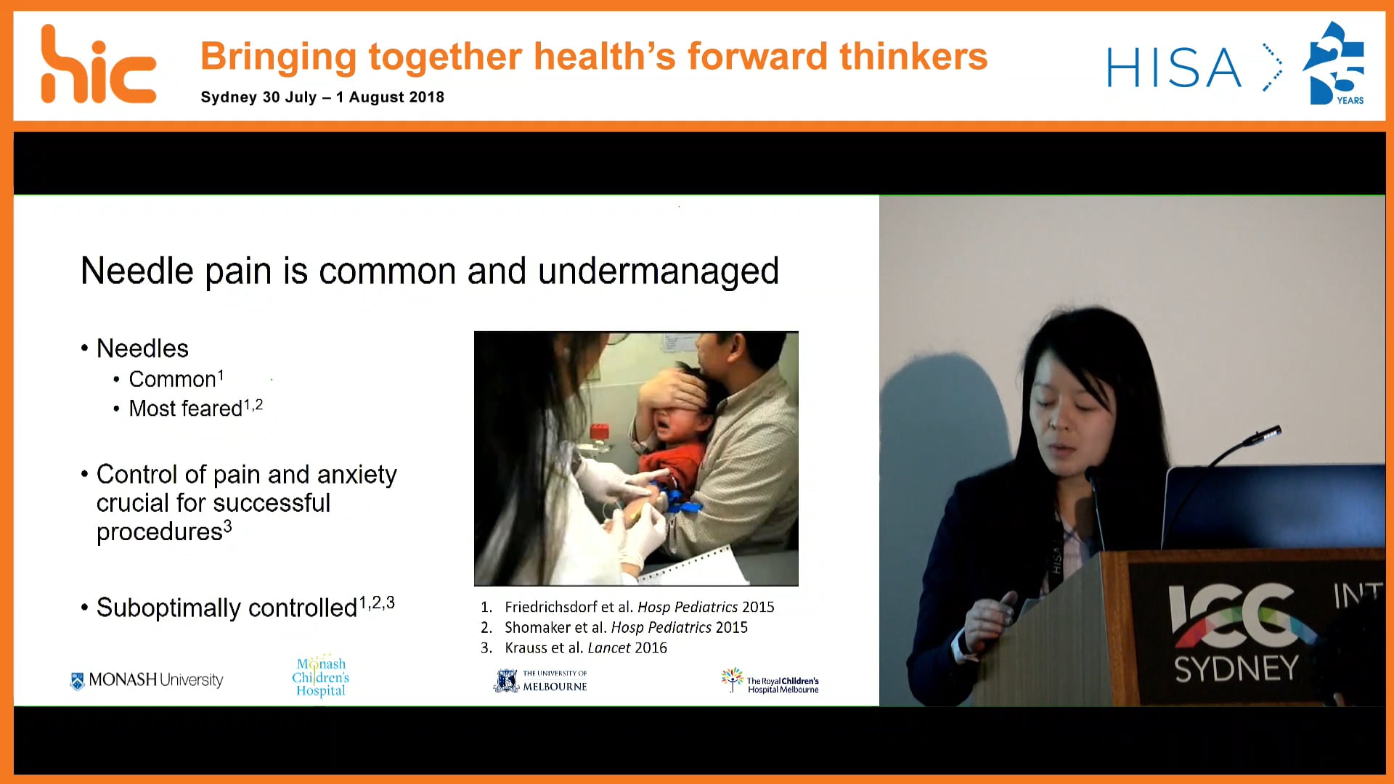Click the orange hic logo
point(98,67)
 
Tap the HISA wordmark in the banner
point(1173,68)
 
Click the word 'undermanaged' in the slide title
point(658,271)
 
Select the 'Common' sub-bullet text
point(172,379)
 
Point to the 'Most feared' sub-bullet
point(185,409)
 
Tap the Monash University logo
point(147,680)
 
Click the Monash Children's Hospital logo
point(320,677)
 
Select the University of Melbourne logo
point(541,680)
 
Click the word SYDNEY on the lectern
point(1236,669)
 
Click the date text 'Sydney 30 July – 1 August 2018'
point(322,97)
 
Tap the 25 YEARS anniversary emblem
point(1334,64)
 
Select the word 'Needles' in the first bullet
point(142,348)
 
